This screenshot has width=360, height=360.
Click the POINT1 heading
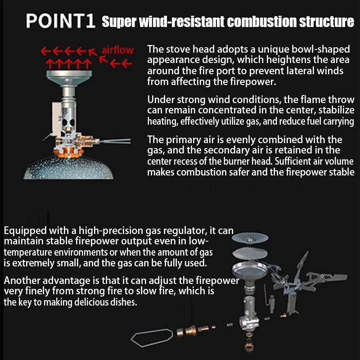[60, 21]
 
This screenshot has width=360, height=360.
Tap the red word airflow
[117, 49]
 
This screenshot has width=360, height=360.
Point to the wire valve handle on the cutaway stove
[115, 141]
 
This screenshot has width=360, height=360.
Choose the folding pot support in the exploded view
[310, 281]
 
